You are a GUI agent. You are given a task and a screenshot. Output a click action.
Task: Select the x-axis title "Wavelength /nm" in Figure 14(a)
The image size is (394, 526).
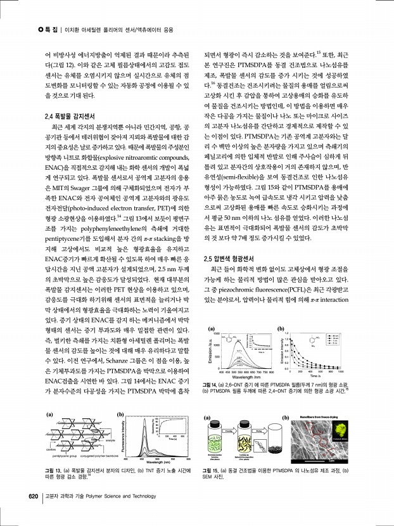[x=241, y=378]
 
